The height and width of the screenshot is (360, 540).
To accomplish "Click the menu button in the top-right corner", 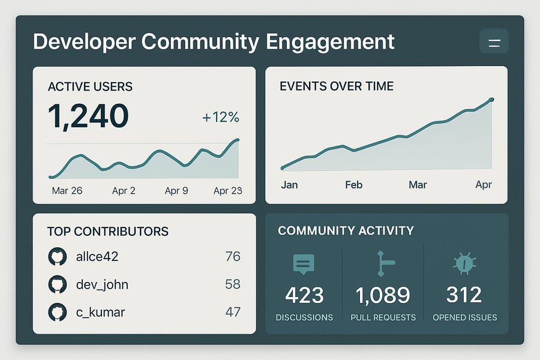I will click(494, 42).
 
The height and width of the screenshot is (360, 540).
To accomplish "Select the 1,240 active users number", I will click(88, 116).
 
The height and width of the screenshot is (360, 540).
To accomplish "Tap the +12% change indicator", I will click(220, 117).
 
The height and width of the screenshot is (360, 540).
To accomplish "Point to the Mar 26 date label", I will click(67, 191).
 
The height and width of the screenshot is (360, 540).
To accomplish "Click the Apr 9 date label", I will click(176, 191).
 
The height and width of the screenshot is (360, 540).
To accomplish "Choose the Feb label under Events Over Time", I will click(353, 185).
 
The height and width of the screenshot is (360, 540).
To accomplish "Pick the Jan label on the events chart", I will click(289, 185).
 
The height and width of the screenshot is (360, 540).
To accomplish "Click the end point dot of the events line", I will click(491, 100).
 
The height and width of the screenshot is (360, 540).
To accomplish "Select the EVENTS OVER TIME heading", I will click(337, 86).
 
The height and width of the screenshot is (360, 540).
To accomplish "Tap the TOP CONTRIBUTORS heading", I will click(108, 231).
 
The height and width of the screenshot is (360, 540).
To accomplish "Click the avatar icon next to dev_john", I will click(56, 284).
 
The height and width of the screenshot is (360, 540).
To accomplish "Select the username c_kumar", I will click(101, 312).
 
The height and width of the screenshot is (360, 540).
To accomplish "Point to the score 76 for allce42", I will click(232, 257).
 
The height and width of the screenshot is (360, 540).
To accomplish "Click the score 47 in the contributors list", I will click(232, 312).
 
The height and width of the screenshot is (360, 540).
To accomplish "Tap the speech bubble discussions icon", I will click(304, 264).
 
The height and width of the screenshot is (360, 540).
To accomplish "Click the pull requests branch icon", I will click(383, 264).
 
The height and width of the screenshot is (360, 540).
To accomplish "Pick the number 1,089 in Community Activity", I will click(383, 295).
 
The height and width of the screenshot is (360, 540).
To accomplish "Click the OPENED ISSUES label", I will click(464, 317).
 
